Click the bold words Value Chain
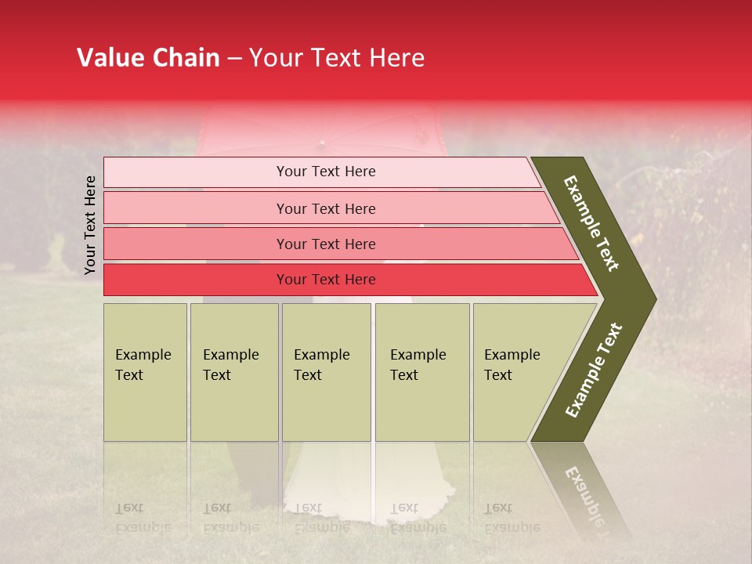[x=148, y=58]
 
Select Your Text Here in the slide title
[x=337, y=58]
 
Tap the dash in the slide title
[x=234, y=59]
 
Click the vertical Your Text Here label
[x=90, y=225]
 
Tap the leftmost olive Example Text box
[x=145, y=372]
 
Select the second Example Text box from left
[x=234, y=372]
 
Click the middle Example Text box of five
[x=326, y=372]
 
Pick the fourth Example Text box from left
[x=422, y=372]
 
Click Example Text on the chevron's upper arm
[x=591, y=223]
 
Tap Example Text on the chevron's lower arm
[x=594, y=371]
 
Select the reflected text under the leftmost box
[x=143, y=517]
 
